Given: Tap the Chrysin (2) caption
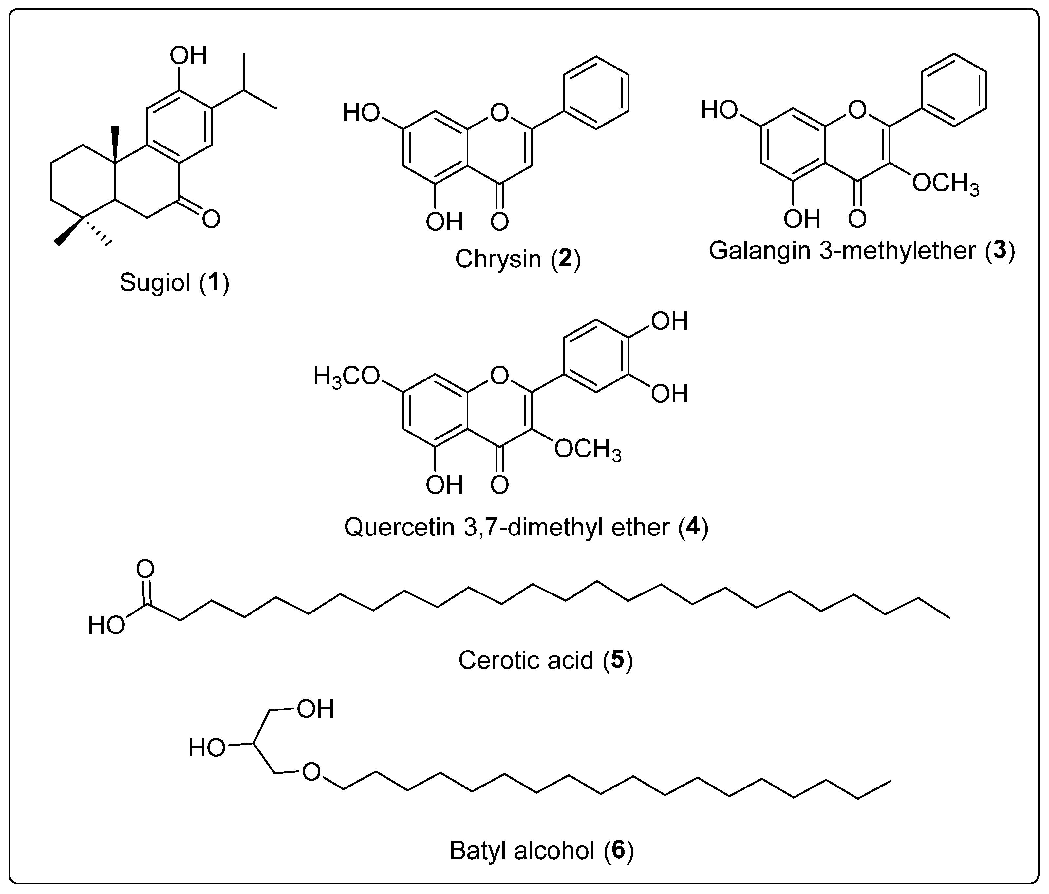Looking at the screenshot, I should click(x=517, y=259).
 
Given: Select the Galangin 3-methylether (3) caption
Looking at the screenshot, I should click(x=862, y=250).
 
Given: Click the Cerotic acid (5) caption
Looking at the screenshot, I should click(x=545, y=660).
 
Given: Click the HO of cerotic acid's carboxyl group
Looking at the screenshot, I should click(x=106, y=626).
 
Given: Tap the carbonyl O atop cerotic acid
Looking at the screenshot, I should click(x=145, y=569).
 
